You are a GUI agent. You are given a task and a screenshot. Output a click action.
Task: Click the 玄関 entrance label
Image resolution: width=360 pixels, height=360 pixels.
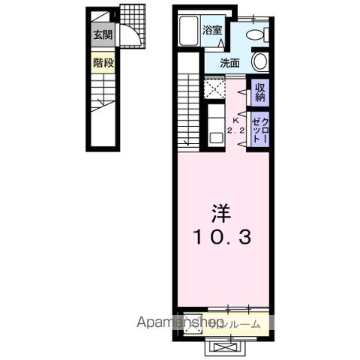pyautogui.click(x=102, y=34)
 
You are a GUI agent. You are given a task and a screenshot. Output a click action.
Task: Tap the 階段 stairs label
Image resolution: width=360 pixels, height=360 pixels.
pyautogui.click(x=103, y=63)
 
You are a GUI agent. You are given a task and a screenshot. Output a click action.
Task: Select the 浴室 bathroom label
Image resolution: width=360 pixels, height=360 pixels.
pyautogui.click(x=212, y=30)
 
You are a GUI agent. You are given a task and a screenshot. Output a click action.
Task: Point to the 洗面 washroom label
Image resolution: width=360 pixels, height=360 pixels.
pyautogui.click(x=229, y=64)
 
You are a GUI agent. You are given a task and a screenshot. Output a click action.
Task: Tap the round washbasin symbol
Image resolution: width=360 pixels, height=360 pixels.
pyautogui.click(x=259, y=61)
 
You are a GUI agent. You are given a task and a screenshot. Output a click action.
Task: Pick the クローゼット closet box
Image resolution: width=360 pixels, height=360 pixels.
pyautogui.click(x=259, y=128)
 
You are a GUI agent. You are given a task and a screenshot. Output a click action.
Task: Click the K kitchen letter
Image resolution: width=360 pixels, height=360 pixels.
pyautogui.click(x=236, y=120)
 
